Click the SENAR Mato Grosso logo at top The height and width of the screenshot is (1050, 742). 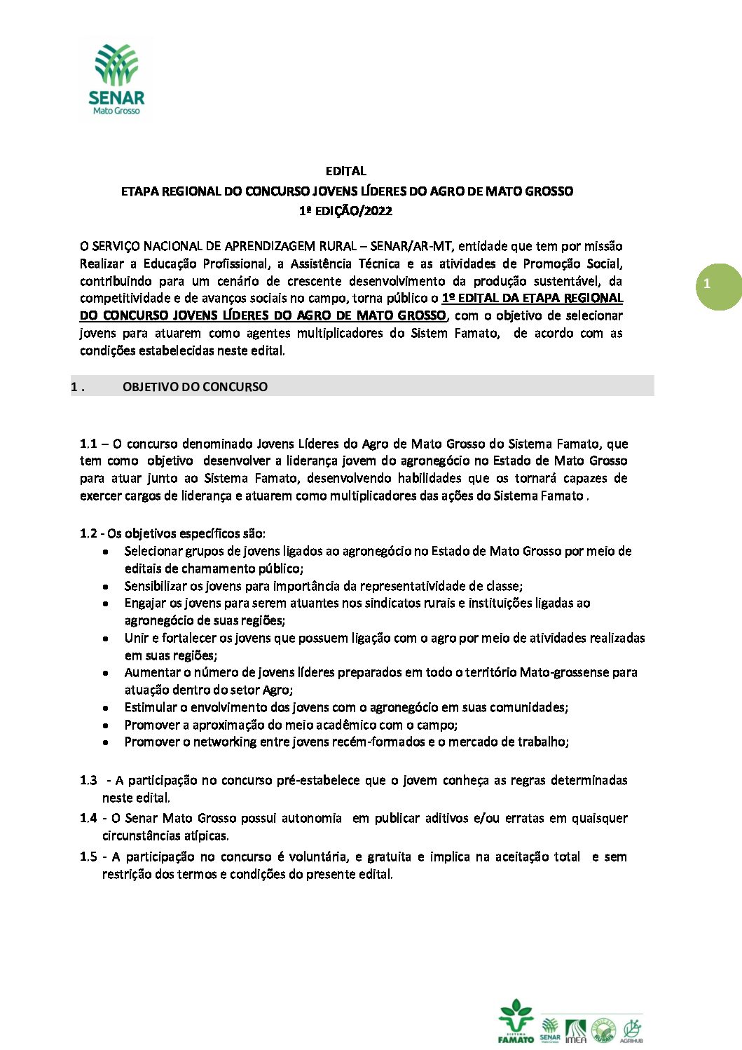[117, 79]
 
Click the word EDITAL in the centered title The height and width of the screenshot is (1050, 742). [345, 171]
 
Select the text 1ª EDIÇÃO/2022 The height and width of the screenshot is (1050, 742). [345, 211]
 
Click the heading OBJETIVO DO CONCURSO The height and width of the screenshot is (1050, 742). [195, 387]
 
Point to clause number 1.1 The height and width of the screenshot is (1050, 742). [88, 444]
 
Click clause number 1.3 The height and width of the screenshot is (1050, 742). [88, 780]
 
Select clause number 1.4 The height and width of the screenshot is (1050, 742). [88, 818]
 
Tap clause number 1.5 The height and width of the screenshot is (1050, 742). [88, 857]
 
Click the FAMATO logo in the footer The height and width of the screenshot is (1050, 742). [516, 1022]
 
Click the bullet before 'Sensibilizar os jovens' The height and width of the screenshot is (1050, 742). [105, 587]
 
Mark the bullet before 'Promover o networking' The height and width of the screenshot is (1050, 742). [105, 742]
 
